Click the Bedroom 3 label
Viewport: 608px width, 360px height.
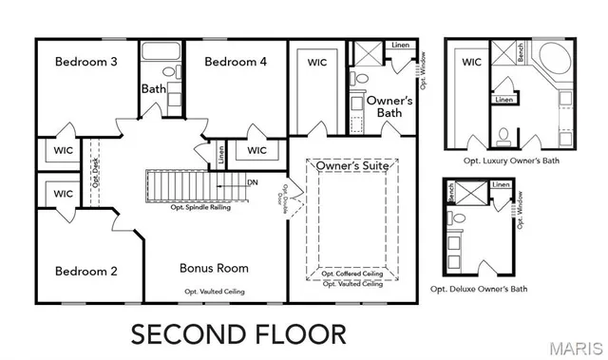(85, 62)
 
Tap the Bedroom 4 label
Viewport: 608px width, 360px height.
(236, 62)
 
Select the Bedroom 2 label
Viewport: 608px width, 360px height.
(85, 271)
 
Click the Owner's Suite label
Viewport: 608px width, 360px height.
(352, 166)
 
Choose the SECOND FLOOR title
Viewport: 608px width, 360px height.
(238, 333)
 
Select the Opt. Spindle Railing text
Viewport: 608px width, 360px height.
(203, 206)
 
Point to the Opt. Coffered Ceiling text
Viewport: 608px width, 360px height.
(352, 274)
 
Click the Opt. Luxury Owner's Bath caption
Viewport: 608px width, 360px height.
(511, 161)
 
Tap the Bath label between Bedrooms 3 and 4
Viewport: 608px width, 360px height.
(154, 89)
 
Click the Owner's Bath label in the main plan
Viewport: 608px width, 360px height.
(389, 106)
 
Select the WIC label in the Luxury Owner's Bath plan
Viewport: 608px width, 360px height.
(471, 63)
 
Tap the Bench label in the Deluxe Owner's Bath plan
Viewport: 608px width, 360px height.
(452, 193)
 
